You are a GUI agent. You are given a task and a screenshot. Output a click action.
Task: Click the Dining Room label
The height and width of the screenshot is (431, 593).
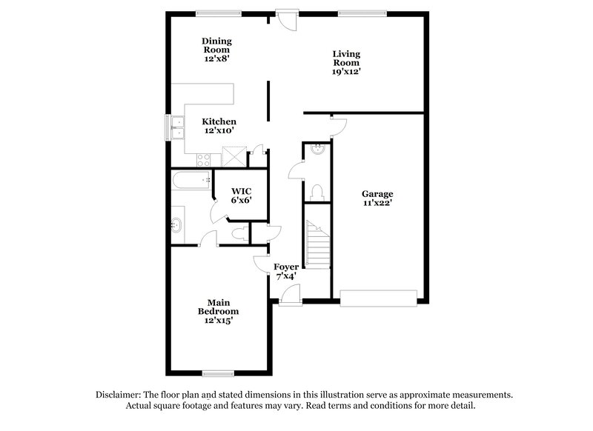pyautogui.click(x=217, y=45)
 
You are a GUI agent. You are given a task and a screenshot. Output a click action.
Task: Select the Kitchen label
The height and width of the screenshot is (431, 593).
pyautogui.click(x=219, y=121)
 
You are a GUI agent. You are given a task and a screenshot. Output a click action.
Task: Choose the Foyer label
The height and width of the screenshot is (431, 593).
pyautogui.click(x=286, y=267)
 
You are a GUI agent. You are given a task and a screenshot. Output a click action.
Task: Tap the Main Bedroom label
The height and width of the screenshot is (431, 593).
pyautogui.click(x=217, y=307)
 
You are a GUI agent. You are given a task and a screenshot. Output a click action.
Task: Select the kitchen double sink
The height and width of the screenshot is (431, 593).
pyautogui.click(x=176, y=128)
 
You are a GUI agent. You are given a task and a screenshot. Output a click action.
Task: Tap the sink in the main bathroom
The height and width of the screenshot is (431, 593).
pyautogui.click(x=178, y=225)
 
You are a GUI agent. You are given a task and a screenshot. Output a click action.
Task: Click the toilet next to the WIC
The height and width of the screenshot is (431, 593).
pyautogui.click(x=238, y=233)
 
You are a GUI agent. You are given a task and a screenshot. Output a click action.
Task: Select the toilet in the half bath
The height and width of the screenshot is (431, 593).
pyautogui.click(x=319, y=191)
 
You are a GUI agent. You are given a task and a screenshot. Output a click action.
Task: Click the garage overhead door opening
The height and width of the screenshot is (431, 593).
pyautogui.click(x=378, y=298)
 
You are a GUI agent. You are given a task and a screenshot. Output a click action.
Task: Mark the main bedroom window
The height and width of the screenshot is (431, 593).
pyautogui.click(x=219, y=372)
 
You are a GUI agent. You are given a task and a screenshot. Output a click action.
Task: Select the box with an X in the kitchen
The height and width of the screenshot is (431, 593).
pyautogui.click(x=234, y=156)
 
